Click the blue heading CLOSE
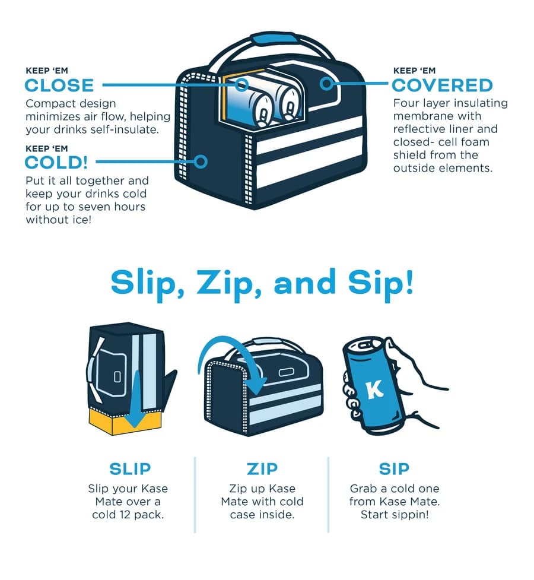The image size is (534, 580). click(59, 85)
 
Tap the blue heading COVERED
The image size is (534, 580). click(442, 85)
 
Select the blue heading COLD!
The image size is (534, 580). click(56, 163)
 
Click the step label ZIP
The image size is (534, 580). click(262, 469)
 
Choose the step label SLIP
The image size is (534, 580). click(130, 469)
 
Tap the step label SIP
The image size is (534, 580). click(394, 469)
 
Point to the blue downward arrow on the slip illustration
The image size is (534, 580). click(136, 399)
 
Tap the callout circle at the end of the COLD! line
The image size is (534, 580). click(201, 161)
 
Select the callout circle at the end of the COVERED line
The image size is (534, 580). click(326, 84)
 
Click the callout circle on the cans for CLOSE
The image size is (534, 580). click(242, 85)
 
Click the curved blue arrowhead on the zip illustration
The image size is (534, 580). click(255, 385)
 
